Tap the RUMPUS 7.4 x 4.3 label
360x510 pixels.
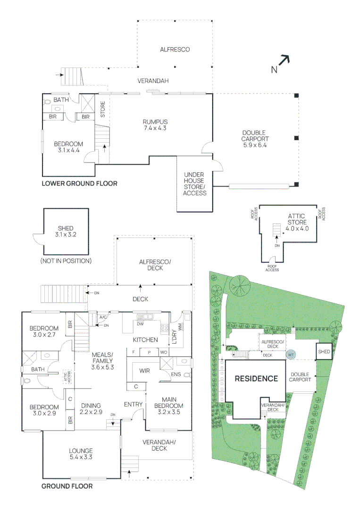[155, 125]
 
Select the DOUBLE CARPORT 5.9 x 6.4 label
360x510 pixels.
[255, 139]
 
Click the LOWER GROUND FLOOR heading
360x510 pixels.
[79, 183]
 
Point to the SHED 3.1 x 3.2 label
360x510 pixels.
[66, 231]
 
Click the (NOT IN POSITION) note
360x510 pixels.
[66, 261]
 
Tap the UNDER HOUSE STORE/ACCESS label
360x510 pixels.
[194, 184]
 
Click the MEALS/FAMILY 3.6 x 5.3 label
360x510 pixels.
[102, 361]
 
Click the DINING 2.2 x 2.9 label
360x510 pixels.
[91, 408]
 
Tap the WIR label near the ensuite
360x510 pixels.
[144, 371]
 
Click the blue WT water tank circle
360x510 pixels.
[291, 354]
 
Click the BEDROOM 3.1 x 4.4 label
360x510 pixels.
[68, 147]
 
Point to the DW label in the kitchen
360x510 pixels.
[140, 324]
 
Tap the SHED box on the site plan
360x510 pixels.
[324, 352]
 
